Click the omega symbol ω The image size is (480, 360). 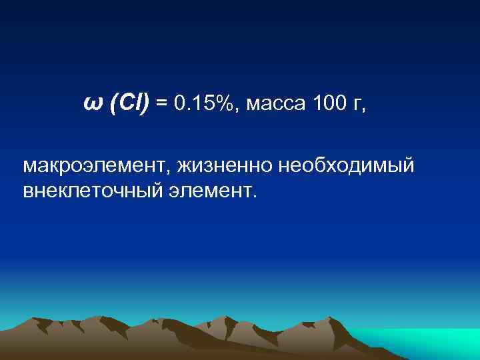click(92, 103)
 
